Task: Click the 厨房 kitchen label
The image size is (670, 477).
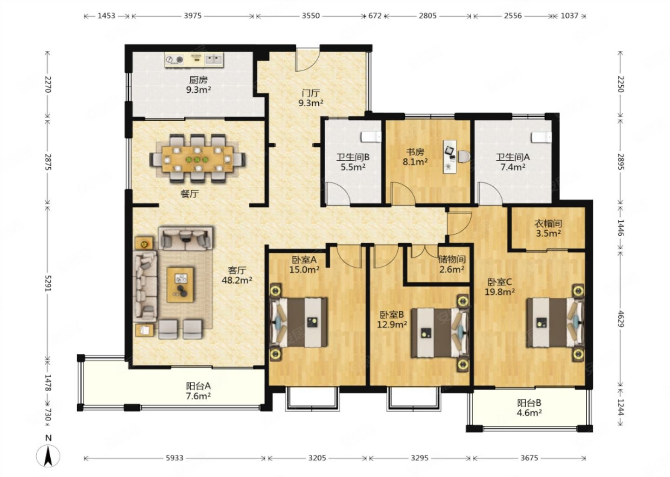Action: click(198, 80)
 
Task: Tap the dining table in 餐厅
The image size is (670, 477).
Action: click(197, 159)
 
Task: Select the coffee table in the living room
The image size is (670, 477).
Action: click(180, 285)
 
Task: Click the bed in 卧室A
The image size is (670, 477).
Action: click(299, 322)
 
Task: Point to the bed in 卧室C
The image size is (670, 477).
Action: click(555, 323)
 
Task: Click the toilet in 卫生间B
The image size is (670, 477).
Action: click(371, 137)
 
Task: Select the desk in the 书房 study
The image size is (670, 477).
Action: click(450, 157)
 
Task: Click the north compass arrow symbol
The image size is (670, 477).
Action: click(48, 456)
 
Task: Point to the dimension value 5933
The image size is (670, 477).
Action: click(174, 458)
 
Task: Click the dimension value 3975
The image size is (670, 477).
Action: click(193, 15)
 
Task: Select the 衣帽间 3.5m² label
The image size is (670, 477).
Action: click(548, 228)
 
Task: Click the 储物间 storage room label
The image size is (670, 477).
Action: click(452, 259)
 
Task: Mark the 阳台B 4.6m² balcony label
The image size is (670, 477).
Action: click(529, 408)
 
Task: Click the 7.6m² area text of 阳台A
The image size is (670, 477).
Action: click(198, 396)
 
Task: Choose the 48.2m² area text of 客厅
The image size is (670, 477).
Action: click(236, 280)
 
